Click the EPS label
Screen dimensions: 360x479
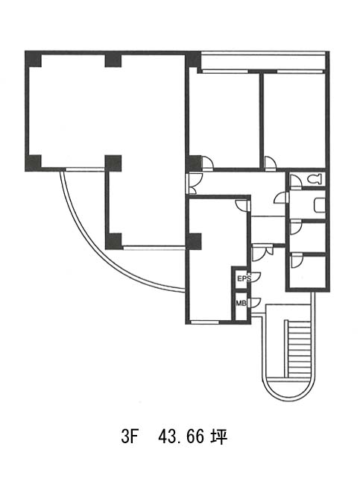click(x=244, y=278)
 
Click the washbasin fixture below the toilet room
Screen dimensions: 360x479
click(x=319, y=204)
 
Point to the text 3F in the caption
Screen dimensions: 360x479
click(x=128, y=437)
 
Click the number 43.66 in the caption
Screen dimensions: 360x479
click(x=180, y=437)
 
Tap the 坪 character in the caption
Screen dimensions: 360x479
click(x=218, y=437)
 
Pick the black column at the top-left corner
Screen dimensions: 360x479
click(x=33, y=59)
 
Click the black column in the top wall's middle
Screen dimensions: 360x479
click(x=113, y=60)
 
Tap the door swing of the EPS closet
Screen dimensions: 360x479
click(x=255, y=275)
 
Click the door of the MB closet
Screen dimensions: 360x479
click(x=254, y=302)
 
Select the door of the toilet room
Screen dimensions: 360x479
click(x=295, y=181)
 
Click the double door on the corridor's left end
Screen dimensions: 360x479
click(x=194, y=184)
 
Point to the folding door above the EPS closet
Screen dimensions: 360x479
click(x=262, y=252)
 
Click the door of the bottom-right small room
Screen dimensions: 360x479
click(x=297, y=260)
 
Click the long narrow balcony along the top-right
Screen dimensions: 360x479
click(x=263, y=62)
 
